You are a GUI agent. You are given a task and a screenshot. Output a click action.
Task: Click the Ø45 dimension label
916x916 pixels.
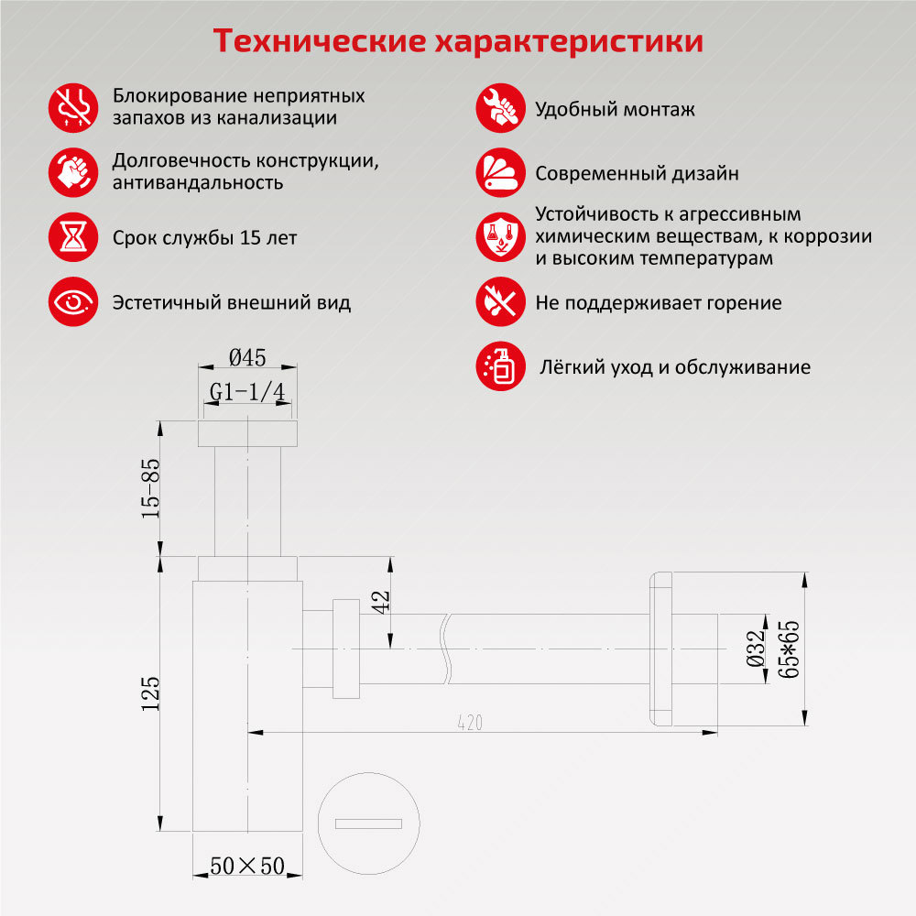point(247,357)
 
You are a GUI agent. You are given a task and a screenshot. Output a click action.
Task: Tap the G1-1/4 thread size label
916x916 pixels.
point(247,391)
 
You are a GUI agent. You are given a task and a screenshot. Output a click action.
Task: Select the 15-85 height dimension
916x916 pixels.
point(150,488)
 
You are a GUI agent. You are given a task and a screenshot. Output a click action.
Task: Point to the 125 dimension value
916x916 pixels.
point(150,693)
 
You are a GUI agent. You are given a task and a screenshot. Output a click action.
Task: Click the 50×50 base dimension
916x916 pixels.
point(247,866)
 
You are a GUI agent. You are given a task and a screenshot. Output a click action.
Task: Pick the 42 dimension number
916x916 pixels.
point(380,603)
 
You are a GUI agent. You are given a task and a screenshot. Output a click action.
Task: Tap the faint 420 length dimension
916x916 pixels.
point(470,723)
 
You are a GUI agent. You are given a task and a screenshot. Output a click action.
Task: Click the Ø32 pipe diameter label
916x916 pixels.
point(756,649)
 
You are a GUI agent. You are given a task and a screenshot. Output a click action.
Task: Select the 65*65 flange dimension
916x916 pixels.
point(788,649)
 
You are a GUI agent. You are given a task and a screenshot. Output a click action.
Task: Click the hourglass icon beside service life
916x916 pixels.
point(73,237)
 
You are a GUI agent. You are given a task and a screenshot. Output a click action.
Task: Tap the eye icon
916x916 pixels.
point(73,302)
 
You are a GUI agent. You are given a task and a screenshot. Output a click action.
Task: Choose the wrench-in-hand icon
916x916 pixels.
point(501,108)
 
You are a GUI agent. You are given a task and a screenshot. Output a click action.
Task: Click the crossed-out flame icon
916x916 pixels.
point(501,302)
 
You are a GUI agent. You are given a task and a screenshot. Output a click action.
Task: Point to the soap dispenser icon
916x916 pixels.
point(501,366)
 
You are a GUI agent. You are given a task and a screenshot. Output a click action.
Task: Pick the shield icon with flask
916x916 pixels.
point(501,237)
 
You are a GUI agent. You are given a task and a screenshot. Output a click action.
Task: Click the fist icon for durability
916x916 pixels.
point(73,172)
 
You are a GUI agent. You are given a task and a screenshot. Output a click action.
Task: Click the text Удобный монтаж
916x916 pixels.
point(616,109)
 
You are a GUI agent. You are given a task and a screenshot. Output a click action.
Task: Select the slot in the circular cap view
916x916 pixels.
point(368,823)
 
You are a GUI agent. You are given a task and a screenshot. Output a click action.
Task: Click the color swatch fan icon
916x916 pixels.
point(501,172)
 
